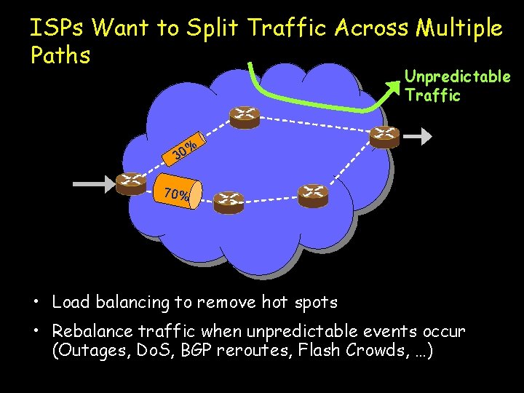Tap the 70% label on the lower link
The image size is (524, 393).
click(177, 194)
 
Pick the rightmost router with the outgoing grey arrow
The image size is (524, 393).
click(384, 135)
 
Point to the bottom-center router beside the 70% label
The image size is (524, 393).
click(229, 201)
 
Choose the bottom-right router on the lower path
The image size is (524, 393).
click(313, 194)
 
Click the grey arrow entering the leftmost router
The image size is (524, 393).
click(93, 183)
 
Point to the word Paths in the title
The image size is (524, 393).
click(60, 55)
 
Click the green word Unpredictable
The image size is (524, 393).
click(458, 76)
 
